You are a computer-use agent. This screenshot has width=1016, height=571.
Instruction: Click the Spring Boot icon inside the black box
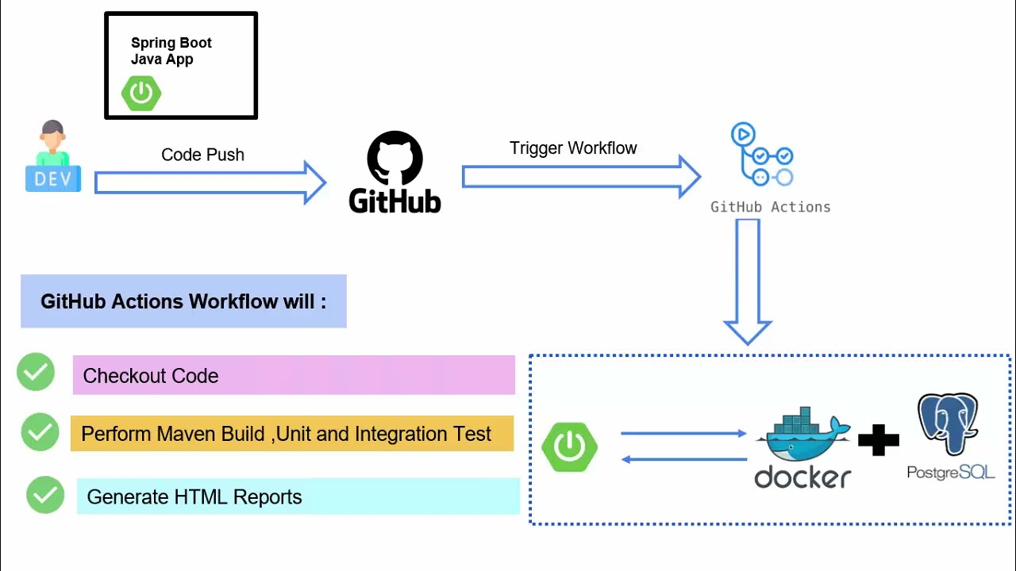click(x=141, y=93)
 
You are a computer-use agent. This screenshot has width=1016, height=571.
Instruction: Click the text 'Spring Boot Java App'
click(x=171, y=51)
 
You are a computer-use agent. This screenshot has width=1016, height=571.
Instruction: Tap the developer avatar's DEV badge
click(x=53, y=178)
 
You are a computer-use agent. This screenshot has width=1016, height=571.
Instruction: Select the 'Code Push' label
click(x=202, y=155)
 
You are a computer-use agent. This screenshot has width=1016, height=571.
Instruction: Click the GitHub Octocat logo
click(x=394, y=158)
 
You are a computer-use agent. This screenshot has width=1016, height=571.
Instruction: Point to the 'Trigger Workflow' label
click(x=572, y=148)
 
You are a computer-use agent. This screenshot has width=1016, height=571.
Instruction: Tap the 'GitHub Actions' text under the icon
click(x=770, y=207)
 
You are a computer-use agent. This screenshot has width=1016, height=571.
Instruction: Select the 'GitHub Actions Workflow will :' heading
click(x=183, y=301)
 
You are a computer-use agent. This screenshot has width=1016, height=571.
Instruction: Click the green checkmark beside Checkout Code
click(x=36, y=372)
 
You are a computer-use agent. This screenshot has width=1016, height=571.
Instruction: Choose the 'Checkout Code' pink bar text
click(x=151, y=376)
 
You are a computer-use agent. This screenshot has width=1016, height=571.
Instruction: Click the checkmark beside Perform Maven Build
click(x=40, y=432)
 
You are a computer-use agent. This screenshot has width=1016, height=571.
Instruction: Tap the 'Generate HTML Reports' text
click(x=194, y=497)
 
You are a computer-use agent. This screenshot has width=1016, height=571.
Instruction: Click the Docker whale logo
click(x=802, y=436)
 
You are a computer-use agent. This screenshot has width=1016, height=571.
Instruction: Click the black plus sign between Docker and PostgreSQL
click(x=878, y=440)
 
